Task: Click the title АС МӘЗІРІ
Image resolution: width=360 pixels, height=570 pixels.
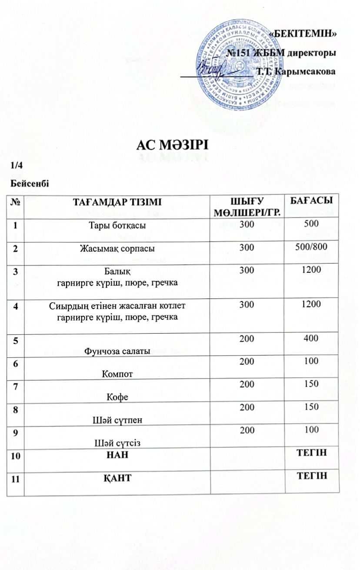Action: tap(173, 144)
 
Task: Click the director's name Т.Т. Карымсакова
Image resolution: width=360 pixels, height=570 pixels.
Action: tap(296, 70)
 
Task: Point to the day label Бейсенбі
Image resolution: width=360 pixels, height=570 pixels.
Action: tap(30, 182)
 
